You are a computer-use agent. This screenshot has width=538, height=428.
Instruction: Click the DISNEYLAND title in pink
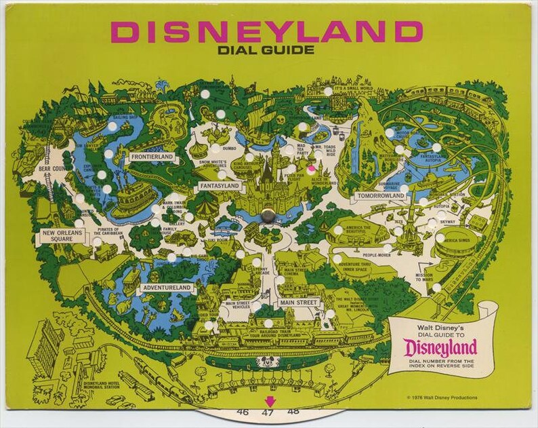coord(267,31)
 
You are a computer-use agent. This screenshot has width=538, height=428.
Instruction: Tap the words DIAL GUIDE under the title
coord(267,50)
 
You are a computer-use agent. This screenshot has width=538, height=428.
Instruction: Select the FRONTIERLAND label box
coord(152,157)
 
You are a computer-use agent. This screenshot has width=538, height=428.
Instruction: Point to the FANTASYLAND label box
coord(220,185)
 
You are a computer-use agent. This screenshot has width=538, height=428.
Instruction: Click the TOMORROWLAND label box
coord(380,196)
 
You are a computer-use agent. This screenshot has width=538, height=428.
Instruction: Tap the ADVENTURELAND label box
coord(167,288)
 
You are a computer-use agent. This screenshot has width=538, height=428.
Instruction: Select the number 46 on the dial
coord(243,412)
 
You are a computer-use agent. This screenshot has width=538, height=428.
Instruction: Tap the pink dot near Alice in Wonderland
coord(311,168)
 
